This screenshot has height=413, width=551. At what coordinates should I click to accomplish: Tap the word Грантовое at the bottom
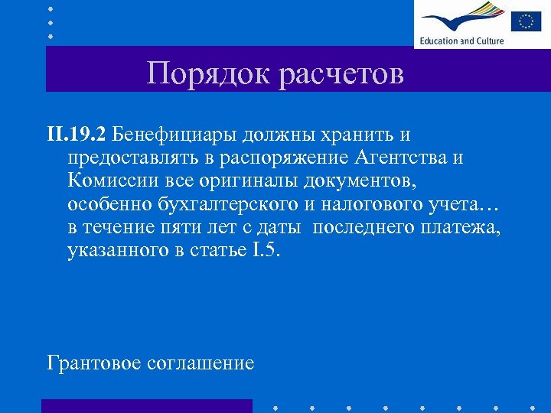point(94,363)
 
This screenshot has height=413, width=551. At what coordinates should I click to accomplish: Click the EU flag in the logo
point(526,21)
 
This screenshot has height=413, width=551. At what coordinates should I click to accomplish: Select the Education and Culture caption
point(461,41)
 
